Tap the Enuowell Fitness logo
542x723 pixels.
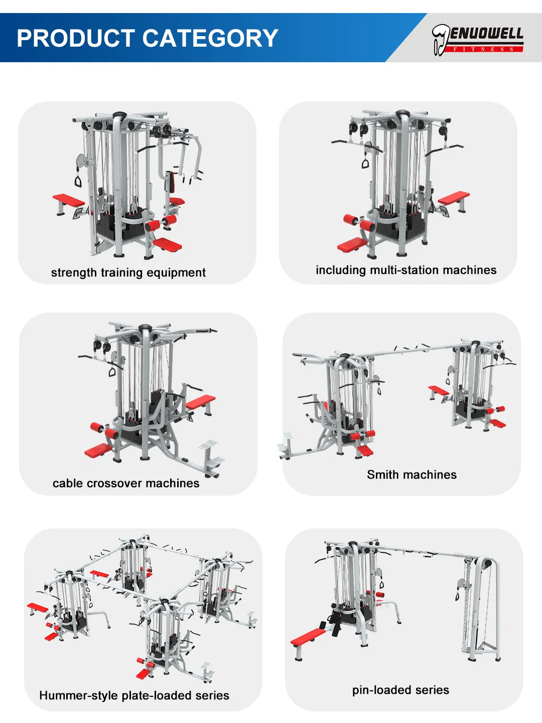tap(477, 39)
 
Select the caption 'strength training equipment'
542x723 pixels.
tap(128, 272)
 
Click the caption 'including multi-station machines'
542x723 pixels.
tap(405, 270)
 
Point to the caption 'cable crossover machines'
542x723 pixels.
tap(125, 483)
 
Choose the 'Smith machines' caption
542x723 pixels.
tap(412, 475)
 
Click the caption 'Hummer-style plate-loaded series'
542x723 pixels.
tap(134, 695)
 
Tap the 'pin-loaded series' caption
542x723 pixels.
tap(400, 690)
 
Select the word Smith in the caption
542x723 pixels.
tap(382, 475)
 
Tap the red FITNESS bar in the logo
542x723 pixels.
tap(484, 49)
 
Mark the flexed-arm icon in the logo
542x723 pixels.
tap(440, 39)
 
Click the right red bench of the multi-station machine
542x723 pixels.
tap(454, 198)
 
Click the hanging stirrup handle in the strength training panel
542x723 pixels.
tap(78, 180)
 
